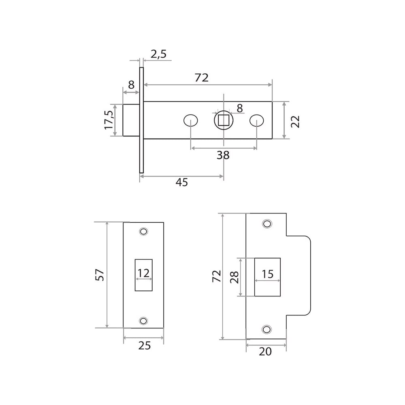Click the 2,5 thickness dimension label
(x=159, y=54)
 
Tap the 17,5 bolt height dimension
(x=109, y=120)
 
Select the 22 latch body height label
(x=295, y=122)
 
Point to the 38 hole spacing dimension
(x=223, y=155)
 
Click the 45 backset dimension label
(x=182, y=182)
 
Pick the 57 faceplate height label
(x=100, y=275)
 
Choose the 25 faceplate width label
(x=145, y=345)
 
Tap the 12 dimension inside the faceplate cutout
(x=144, y=273)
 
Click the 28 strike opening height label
(x=234, y=277)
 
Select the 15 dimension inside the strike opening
(x=267, y=274)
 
